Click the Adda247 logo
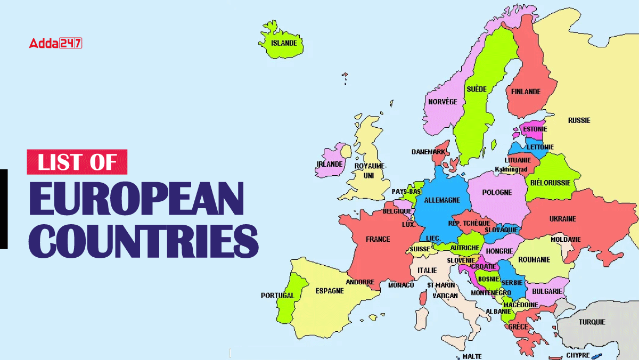point(55,43)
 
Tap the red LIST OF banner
point(77,162)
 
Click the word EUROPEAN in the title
point(136,199)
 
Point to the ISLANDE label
point(284,43)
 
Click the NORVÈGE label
point(443,102)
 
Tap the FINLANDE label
point(526,92)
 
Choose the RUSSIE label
point(579,120)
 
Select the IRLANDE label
point(330,165)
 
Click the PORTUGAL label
point(277,296)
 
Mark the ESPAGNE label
point(330,291)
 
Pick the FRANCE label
point(378,239)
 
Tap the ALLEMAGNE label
point(442,200)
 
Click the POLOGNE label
point(497,192)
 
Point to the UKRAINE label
point(562,219)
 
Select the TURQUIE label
point(592,322)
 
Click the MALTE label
point(472,356)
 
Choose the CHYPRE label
point(578,355)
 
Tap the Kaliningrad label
point(511,169)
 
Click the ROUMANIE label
point(534,260)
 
